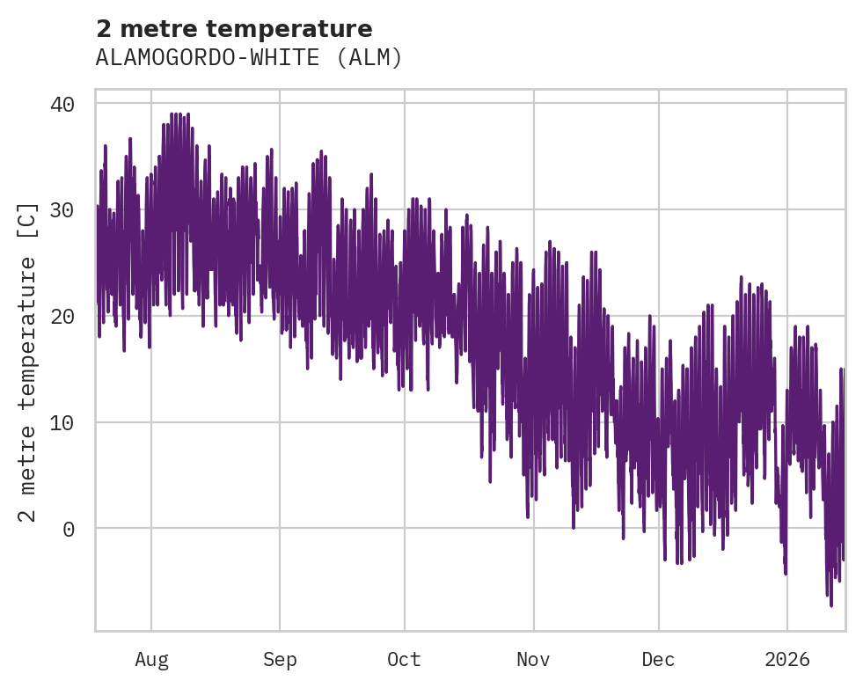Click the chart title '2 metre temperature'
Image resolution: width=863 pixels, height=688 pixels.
tap(234, 29)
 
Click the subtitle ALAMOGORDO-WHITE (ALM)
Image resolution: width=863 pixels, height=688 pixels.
tap(249, 58)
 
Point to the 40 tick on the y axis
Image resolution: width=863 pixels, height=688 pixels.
tap(62, 104)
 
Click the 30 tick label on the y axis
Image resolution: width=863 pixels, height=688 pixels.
tap(62, 210)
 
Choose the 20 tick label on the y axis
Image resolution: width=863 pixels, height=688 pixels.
tap(62, 316)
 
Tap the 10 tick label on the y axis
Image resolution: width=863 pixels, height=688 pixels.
tap(62, 422)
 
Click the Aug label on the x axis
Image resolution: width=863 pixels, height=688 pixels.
tap(151, 659)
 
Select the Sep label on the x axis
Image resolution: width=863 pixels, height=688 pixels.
tap(280, 659)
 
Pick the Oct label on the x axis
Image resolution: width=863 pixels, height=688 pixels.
tap(404, 659)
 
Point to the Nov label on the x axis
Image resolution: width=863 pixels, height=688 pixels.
tap(533, 659)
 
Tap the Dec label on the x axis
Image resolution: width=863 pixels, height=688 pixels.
tap(658, 659)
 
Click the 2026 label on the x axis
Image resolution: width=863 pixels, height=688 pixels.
tap(786, 659)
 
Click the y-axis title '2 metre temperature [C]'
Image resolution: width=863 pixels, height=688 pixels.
tap(28, 361)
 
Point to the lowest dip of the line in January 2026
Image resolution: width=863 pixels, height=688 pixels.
tap(831, 605)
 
